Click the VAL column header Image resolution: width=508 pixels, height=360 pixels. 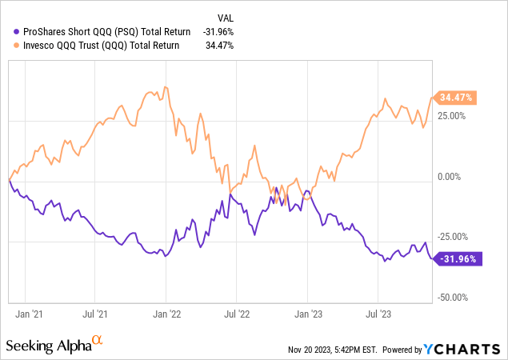click(x=227, y=17)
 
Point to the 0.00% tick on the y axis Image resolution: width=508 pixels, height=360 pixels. click(x=452, y=177)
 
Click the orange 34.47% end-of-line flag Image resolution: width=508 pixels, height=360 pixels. click(x=455, y=98)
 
